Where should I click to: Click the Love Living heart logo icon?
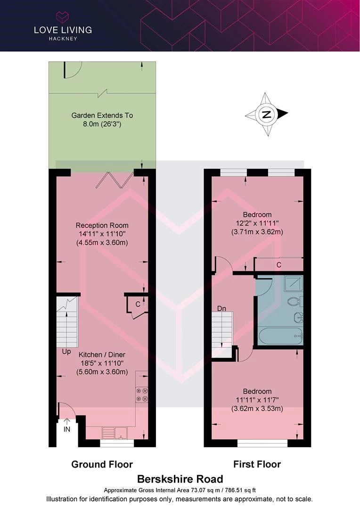(63, 17)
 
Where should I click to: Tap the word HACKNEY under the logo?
(63, 38)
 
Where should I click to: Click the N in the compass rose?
(267, 114)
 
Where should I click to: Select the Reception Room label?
(102, 225)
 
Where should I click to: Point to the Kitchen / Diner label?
(102, 354)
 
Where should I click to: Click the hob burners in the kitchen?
(141, 394)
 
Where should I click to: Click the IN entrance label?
(66, 429)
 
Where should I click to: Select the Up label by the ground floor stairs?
(66, 352)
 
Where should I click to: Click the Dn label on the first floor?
(221, 308)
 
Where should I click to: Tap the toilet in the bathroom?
(295, 301)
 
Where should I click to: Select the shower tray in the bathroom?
(294, 283)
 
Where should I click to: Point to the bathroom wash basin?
(299, 317)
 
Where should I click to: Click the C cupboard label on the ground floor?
(138, 304)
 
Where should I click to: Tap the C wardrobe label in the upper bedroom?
(278, 265)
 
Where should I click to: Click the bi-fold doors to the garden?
(115, 180)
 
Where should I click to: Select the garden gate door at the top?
(72, 70)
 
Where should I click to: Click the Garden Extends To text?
(102, 115)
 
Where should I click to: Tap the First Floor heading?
(257, 464)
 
